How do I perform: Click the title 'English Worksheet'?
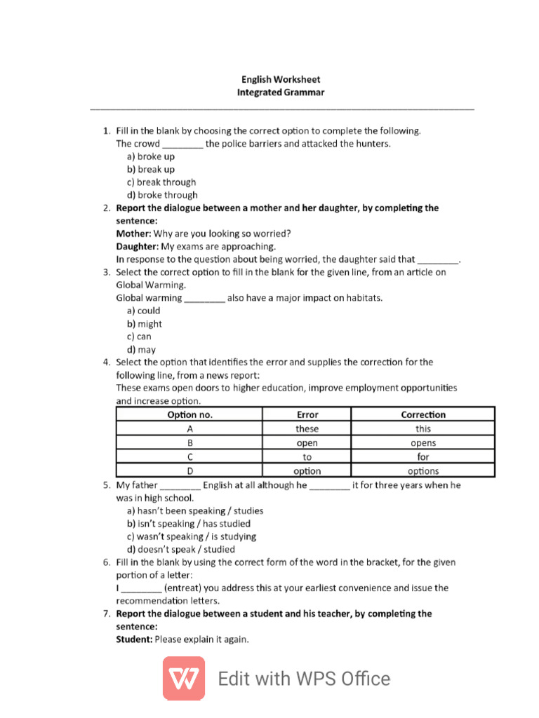click(281, 80)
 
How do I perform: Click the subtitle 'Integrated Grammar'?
click(281, 93)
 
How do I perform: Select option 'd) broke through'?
click(162, 195)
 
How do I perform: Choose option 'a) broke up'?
click(151, 156)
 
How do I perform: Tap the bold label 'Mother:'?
click(133, 233)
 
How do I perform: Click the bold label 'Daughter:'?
click(138, 246)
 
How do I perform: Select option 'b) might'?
click(145, 324)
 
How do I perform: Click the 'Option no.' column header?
click(189, 414)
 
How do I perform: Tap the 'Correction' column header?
click(422, 414)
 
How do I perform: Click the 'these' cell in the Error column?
click(307, 428)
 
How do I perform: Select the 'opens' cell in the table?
click(422, 443)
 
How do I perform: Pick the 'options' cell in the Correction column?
click(422, 471)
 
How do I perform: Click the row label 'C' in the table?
click(189, 457)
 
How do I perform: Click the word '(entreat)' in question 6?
click(182, 588)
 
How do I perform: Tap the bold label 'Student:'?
click(134, 639)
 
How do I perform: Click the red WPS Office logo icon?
click(184, 678)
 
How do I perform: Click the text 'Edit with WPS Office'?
click(304, 679)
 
